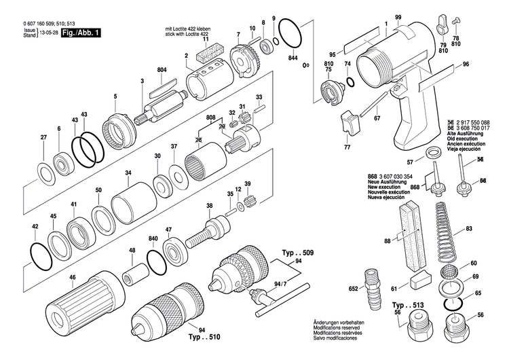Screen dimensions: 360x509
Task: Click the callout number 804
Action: point(162,71)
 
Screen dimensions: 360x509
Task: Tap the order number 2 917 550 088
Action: point(477,121)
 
